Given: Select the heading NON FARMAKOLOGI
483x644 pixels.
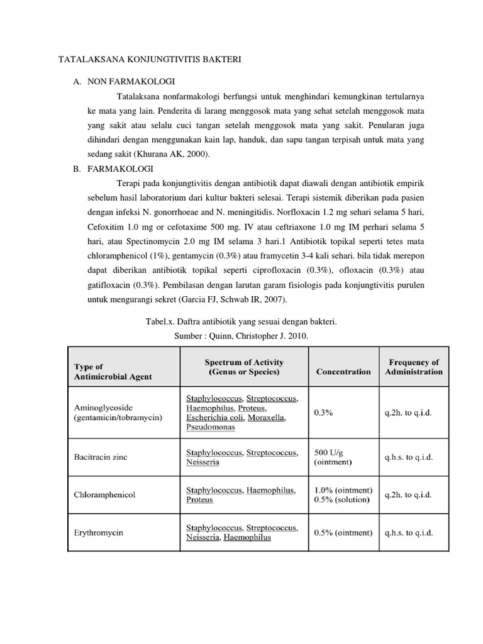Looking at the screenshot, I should [x=131, y=82].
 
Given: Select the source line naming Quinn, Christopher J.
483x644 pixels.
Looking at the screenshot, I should [x=241, y=336].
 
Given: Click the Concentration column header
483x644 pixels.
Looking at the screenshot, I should [x=343, y=372].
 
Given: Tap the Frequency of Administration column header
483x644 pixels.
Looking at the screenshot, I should [x=413, y=367].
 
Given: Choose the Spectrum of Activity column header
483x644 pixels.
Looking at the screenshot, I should [x=244, y=367].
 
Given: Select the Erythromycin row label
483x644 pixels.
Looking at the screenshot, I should [x=99, y=533].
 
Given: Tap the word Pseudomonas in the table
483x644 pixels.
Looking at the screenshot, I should [x=210, y=427].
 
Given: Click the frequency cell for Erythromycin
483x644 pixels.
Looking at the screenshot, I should [x=408, y=533].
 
